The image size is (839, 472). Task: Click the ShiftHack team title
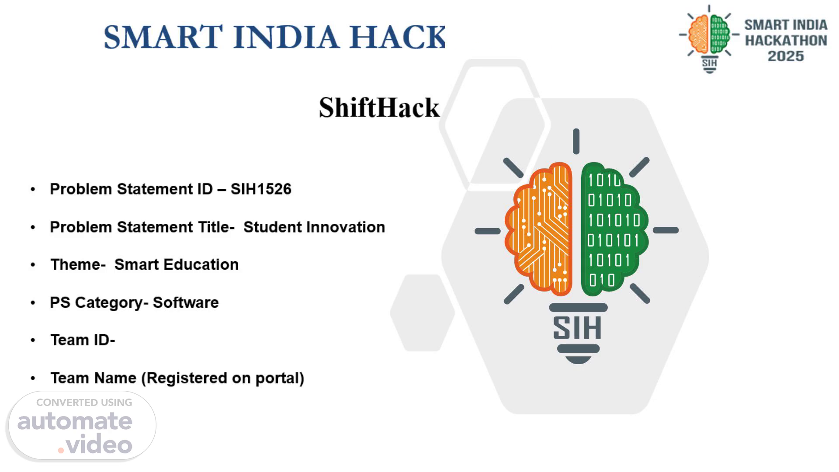point(379,108)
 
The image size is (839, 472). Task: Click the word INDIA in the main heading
point(286,37)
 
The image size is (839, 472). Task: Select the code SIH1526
point(261,189)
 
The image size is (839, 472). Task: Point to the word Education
point(201,265)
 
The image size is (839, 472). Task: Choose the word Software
point(186,302)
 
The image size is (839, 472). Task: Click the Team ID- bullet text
point(83,340)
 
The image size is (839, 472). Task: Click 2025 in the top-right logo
point(786,56)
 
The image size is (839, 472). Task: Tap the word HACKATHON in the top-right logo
point(786,41)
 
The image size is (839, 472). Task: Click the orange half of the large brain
point(539,228)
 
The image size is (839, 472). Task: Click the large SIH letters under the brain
point(577,328)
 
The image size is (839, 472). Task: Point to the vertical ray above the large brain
point(576,141)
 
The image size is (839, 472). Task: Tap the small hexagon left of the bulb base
point(422,313)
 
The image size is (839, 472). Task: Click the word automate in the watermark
point(75,421)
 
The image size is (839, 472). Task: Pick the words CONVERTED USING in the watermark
point(84,403)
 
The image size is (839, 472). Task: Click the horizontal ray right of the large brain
point(666,230)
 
